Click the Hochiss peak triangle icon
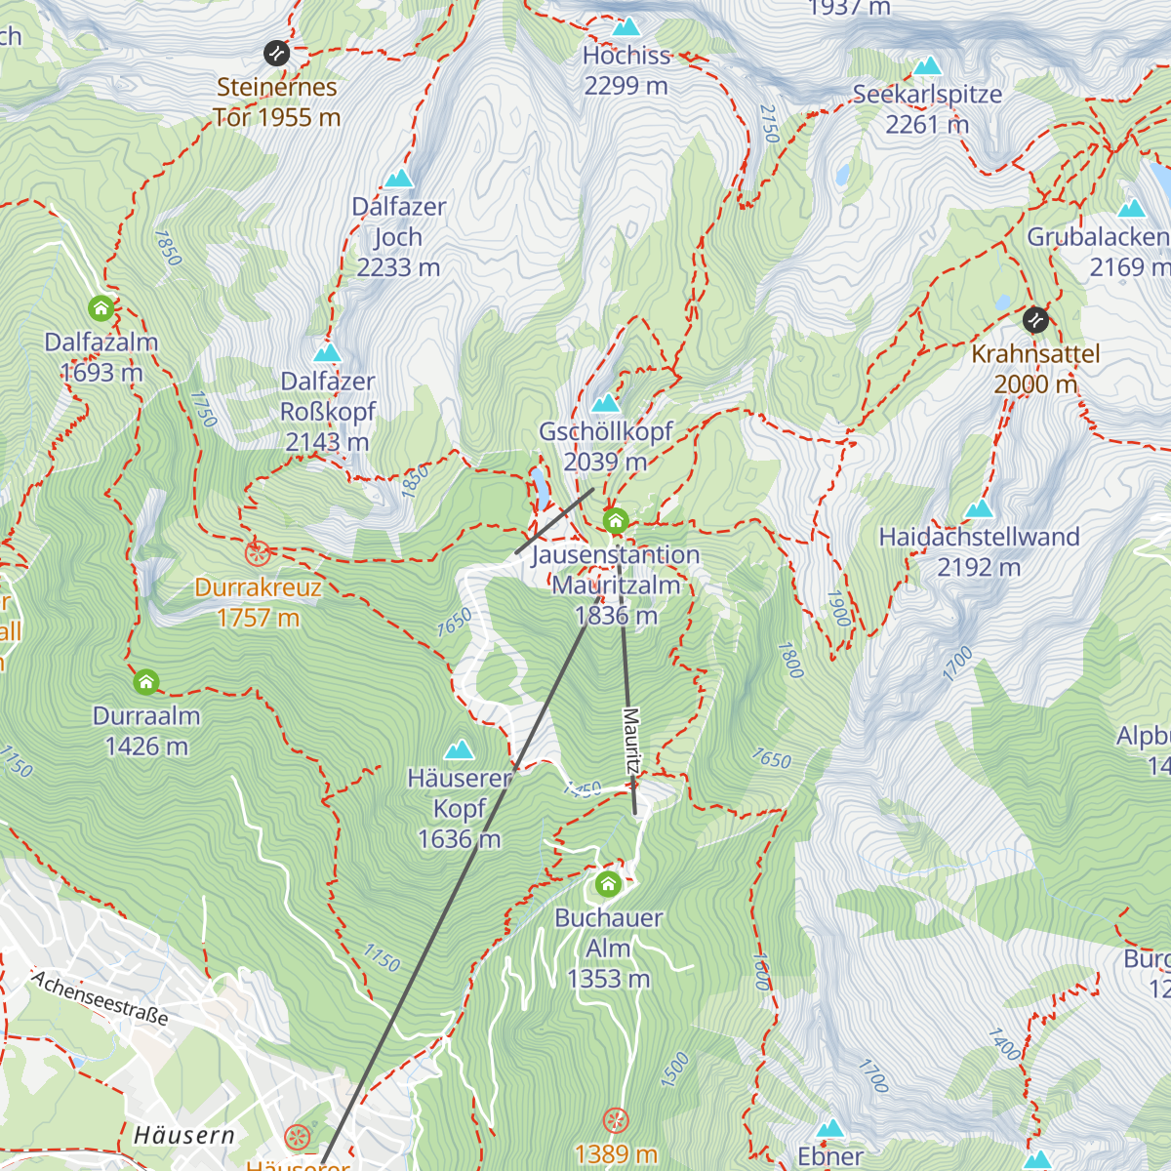[626, 27]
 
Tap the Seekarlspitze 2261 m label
[926, 109]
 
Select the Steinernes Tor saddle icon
[277, 53]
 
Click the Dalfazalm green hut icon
[101, 309]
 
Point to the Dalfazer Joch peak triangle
[398, 179]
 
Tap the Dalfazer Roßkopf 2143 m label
[328, 412]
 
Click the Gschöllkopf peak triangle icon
[605, 403]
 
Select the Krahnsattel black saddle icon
[1035, 319]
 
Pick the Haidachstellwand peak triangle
[979, 508]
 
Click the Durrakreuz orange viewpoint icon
[258, 554]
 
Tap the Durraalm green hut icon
[146, 682]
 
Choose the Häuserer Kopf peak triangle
[459, 750]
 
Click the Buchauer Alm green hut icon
[608, 885]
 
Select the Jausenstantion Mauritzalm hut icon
[615, 521]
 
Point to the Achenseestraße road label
[100, 997]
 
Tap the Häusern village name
[184, 1135]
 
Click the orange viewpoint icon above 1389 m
[616, 1120]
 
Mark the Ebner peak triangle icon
[830, 1129]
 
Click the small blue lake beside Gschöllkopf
[538, 482]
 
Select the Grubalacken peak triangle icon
[1131, 208]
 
